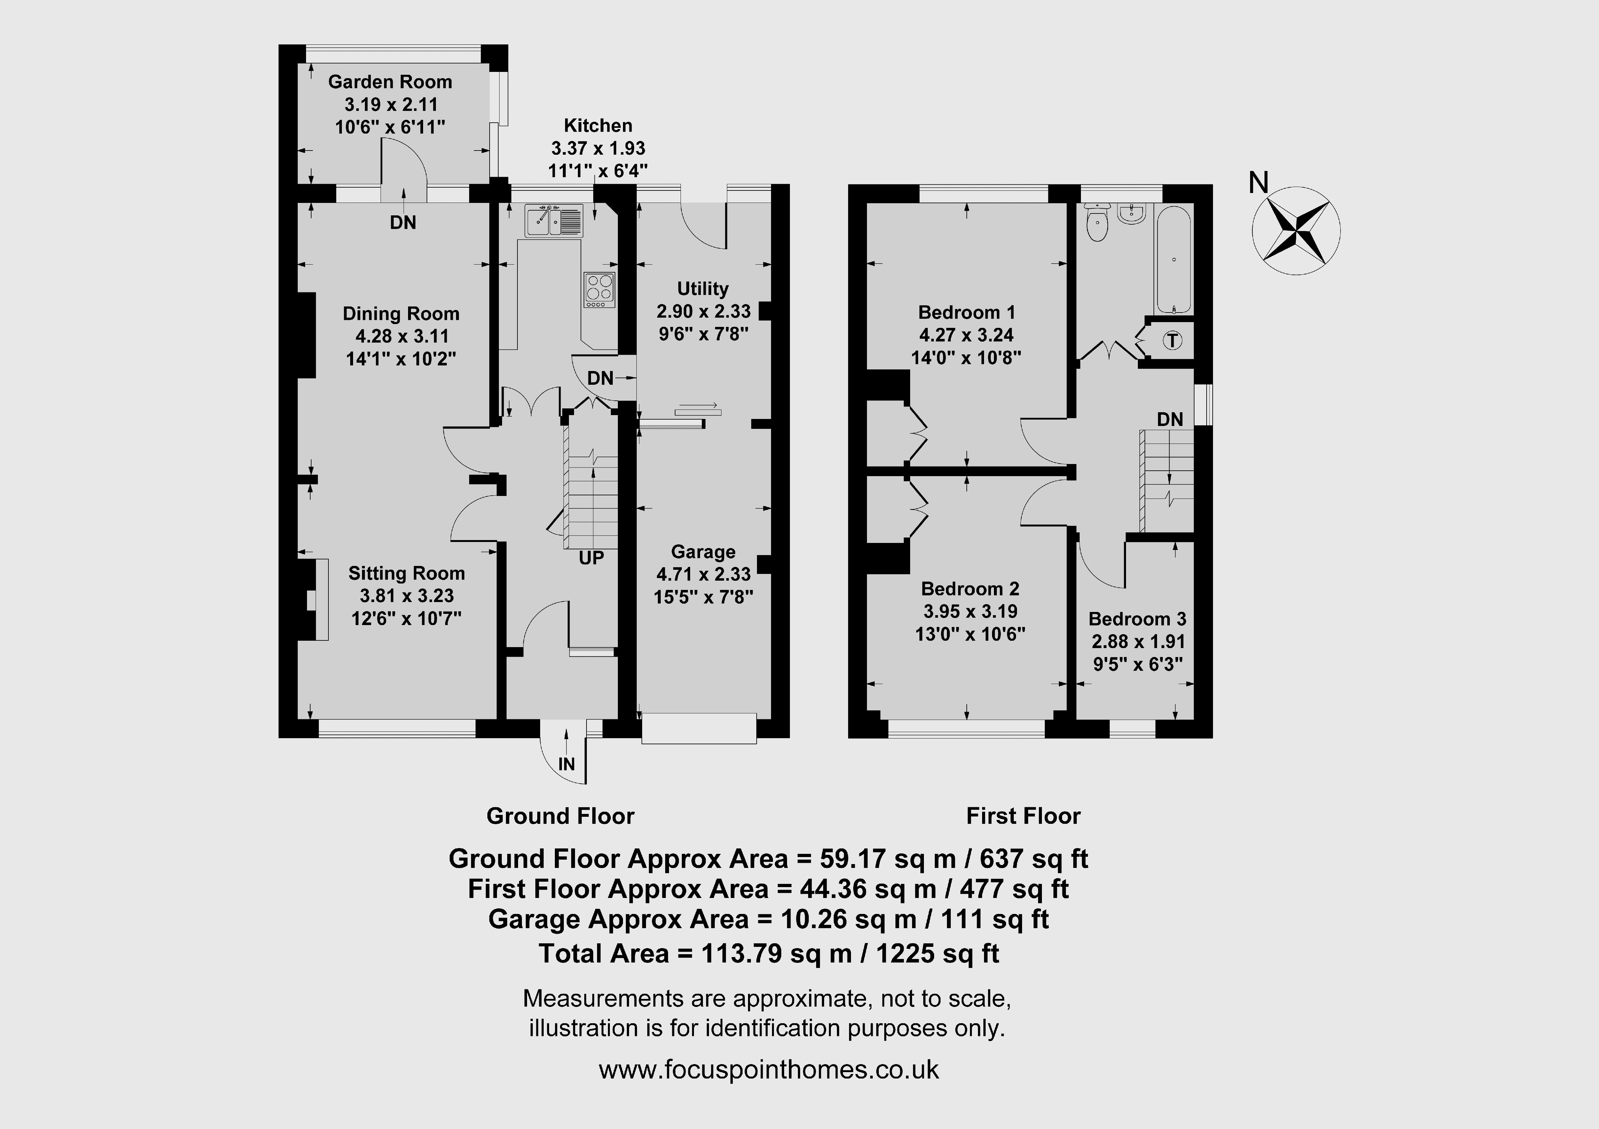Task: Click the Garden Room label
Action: click(390, 82)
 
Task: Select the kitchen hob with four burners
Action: click(600, 290)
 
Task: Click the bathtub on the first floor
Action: click(1174, 259)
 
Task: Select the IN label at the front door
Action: click(566, 764)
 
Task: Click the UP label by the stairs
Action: click(591, 558)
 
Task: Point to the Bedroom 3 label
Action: click(1137, 619)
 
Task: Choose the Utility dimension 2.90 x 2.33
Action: click(703, 311)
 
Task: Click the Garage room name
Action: click(703, 552)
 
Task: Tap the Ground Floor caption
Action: click(561, 816)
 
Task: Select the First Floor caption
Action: click(1023, 816)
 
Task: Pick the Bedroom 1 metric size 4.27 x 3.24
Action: click(967, 335)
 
